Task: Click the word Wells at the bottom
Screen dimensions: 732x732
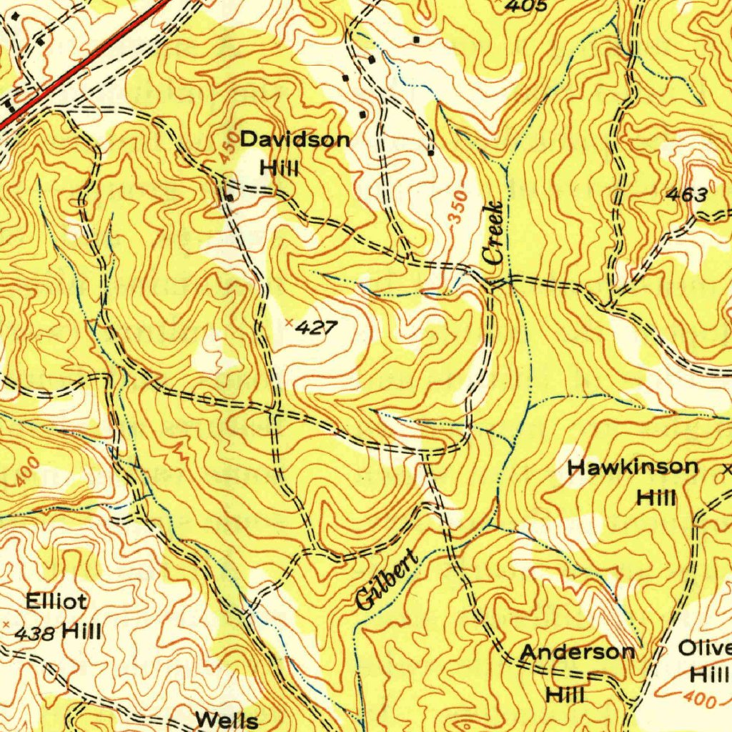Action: [227, 720]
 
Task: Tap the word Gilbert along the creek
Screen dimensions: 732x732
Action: [386, 580]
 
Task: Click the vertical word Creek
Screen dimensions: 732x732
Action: [493, 233]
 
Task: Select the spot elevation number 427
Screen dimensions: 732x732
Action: [315, 328]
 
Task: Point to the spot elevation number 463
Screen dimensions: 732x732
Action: [686, 194]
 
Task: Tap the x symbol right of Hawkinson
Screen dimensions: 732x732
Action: [728, 470]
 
